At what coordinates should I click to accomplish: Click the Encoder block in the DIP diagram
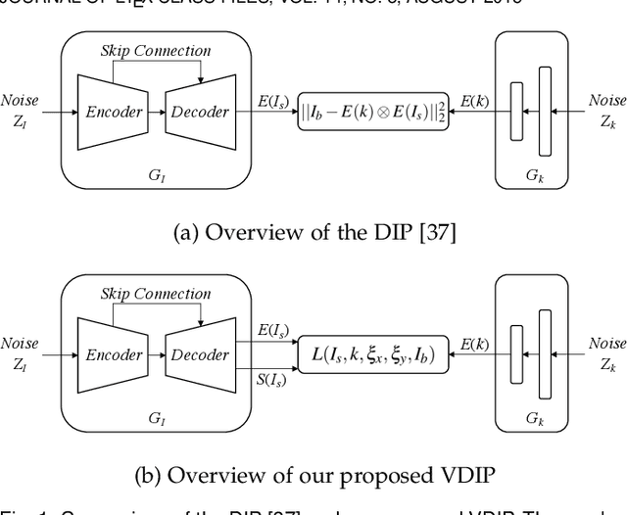tap(112, 112)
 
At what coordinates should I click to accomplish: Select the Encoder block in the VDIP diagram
tap(112, 355)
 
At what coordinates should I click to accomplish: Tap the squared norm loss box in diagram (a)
tap(372, 113)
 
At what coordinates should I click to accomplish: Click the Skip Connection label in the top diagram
tap(155, 50)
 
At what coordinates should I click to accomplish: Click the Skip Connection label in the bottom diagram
tap(155, 294)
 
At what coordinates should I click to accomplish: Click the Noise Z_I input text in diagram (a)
tap(20, 109)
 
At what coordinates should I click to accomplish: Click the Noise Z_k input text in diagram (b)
tap(605, 352)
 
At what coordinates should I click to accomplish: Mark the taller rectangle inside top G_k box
tap(545, 112)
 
